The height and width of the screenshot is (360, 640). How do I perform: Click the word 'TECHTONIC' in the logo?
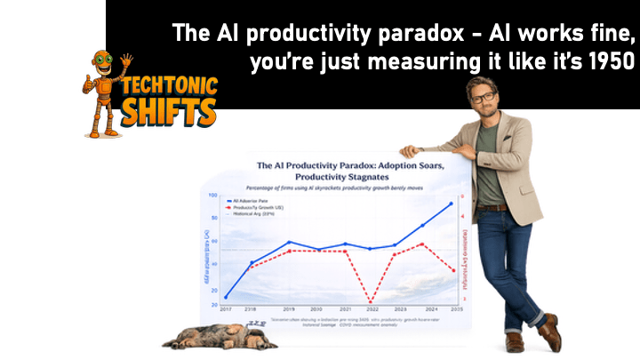(x=166, y=88)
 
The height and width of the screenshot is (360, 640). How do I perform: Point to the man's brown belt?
(x=492, y=207)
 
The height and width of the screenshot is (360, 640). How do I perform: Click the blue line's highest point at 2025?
(x=451, y=204)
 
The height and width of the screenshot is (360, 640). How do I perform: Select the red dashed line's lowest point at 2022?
(x=370, y=301)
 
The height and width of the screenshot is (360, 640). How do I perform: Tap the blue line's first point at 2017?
(x=226, y=297)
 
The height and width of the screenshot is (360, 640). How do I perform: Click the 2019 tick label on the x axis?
(x=288, y=308)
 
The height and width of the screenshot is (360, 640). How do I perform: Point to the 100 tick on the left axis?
(x=213, y=195)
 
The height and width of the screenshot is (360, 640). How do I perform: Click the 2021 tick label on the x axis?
(x=345, y=308)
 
